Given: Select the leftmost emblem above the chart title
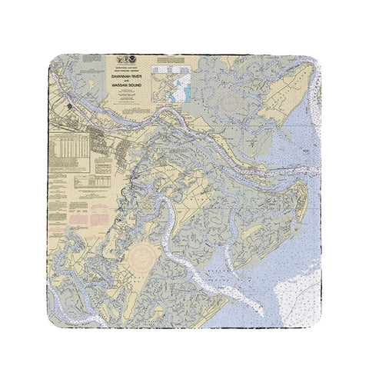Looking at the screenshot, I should (x=118, y=58).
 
